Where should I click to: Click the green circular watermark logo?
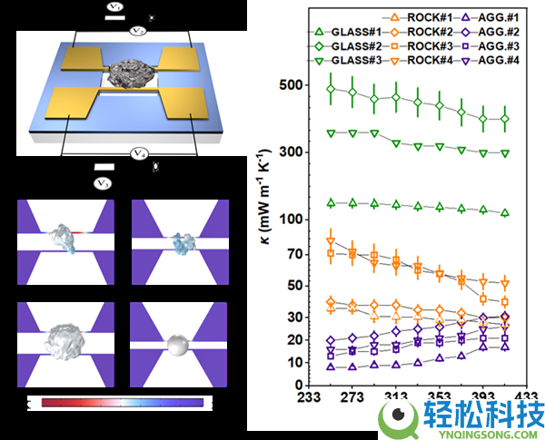coord(398,418)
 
